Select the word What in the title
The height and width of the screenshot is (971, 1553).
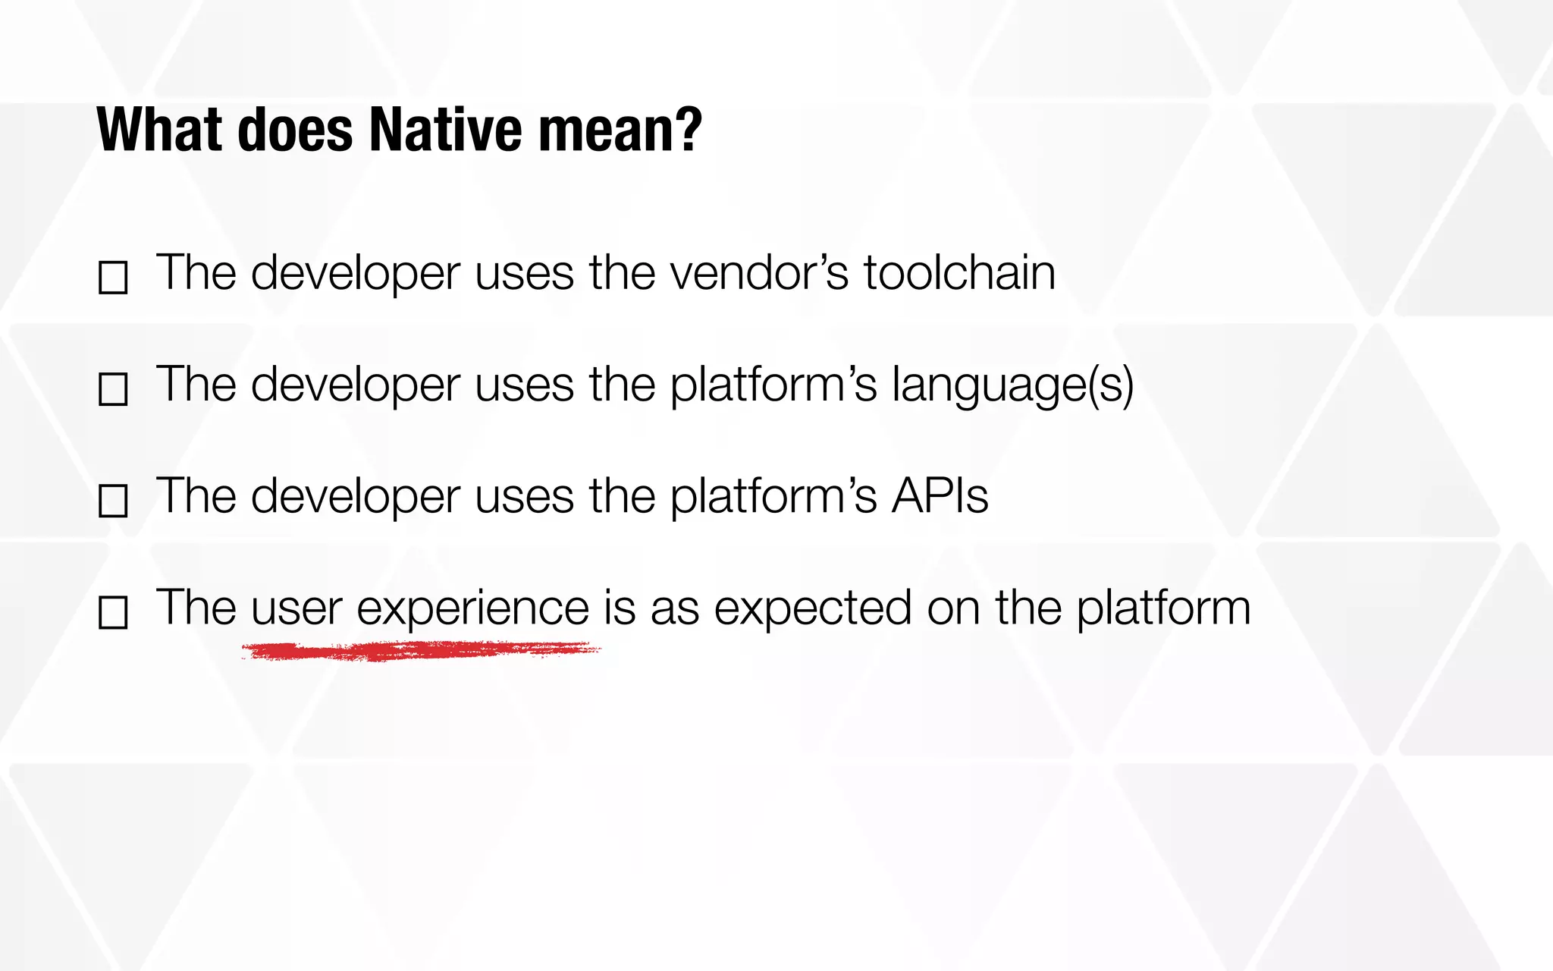point(159,130)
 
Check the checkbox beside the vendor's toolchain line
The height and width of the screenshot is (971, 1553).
point(113,278)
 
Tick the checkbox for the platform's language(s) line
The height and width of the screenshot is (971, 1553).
point(113,389)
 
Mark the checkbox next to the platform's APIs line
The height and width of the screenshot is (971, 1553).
point(113,501)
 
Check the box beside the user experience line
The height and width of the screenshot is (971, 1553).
point(113,612)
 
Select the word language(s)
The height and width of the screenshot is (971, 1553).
point(1012,385)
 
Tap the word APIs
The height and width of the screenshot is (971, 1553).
point(940,496)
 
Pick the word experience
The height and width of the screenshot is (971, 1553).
point(472,608)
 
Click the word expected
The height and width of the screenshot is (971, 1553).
point(813,608)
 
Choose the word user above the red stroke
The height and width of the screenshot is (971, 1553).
point(296,608)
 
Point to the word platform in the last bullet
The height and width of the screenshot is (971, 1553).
point(1163,608)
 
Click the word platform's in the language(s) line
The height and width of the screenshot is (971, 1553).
point(773,385)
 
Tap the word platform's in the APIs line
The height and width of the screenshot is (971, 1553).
point(773,496)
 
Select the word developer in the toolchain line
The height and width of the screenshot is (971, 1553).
point(356,272)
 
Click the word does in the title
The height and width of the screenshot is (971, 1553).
point(295,130)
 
